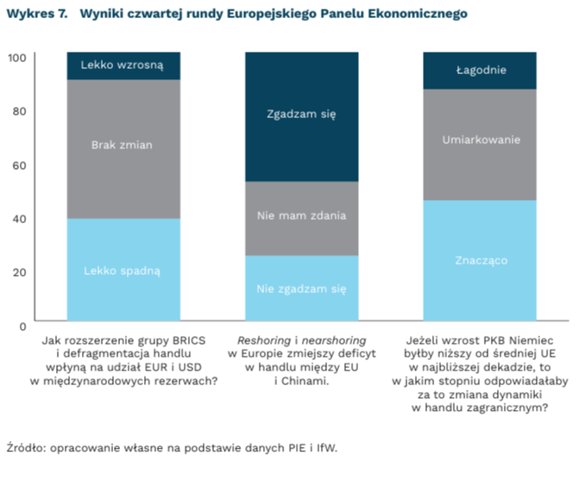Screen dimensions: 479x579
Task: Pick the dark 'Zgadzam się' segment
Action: click(x=301, y=115)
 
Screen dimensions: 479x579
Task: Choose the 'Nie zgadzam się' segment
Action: click(x=301, y=289)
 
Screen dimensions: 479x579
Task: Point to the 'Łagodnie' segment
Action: click(x=481, y=71)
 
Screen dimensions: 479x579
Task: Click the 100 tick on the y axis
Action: click(x=18, y=57)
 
